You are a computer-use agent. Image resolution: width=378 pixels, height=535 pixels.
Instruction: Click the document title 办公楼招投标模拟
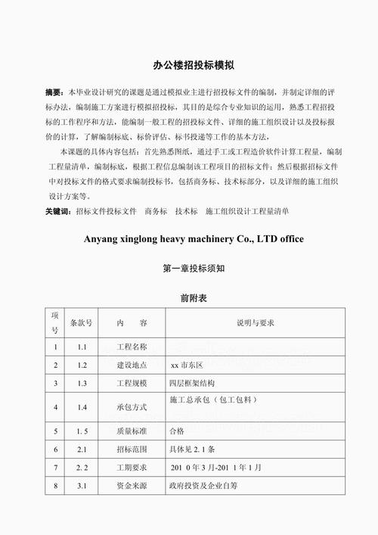188,65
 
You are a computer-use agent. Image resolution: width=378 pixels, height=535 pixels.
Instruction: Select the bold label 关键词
58,212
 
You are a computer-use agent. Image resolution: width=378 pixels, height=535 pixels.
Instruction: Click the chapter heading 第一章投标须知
188,269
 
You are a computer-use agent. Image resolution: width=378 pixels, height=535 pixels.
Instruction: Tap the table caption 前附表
188,299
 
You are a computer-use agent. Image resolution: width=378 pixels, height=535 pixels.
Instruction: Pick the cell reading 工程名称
131,347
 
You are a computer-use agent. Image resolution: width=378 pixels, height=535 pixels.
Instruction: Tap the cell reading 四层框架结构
197,384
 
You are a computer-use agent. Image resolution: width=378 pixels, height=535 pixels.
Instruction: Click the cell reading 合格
177,431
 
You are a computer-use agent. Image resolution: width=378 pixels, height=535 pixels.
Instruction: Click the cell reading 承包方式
131,407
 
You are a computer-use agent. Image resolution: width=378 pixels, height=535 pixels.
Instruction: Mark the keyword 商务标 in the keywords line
156,212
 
